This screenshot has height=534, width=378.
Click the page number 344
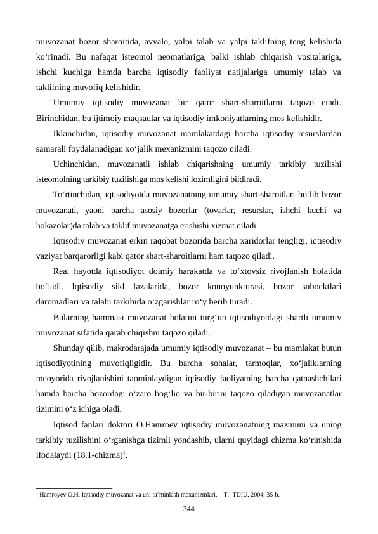[x=189, y=509]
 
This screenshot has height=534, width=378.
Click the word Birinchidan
[x=59, y=117]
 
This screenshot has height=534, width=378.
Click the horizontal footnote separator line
[x=74, y=486]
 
